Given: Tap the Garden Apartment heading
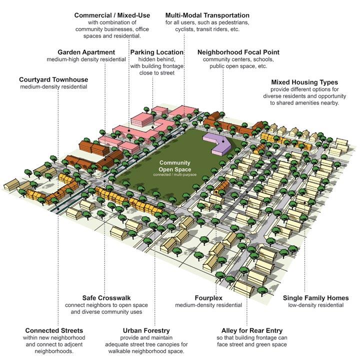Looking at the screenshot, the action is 86,52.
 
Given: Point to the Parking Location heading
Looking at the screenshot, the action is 155,52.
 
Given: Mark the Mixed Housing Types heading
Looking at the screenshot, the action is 304,81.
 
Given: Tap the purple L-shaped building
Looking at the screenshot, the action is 218,142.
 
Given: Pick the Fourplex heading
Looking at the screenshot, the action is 209,298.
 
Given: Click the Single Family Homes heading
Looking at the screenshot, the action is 315,298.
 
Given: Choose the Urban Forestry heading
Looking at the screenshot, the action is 146,330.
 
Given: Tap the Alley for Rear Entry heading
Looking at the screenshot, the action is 252,330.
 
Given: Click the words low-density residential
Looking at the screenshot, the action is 315,305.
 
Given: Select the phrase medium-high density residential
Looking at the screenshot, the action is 86,59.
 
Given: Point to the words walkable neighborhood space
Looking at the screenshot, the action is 146,351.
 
